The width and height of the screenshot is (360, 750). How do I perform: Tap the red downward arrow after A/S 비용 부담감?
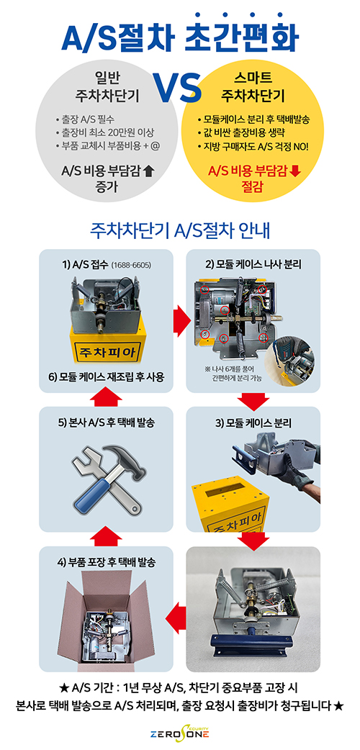point(295,171)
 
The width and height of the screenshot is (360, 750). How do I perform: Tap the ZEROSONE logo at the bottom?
point(180,733)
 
